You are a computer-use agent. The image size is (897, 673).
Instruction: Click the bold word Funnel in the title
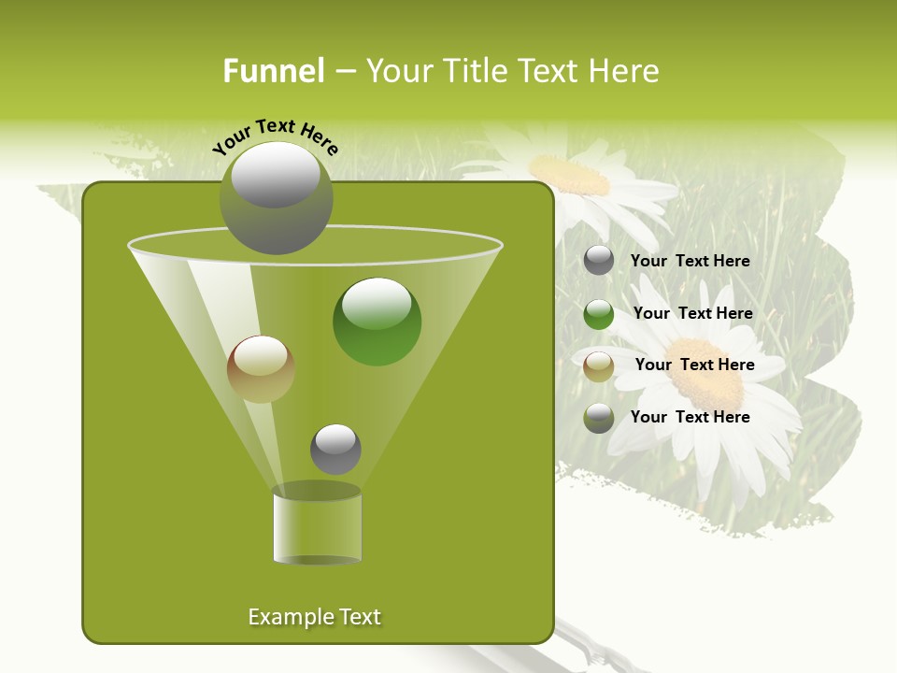[273, 71]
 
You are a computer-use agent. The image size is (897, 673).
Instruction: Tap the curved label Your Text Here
[276, 135]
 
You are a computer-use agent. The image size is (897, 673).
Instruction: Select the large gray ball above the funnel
[276, 198]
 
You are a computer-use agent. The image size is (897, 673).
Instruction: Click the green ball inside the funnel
[377, 322]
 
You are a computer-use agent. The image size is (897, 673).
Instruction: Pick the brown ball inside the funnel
[261, 369]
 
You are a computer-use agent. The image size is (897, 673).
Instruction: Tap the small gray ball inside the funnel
[335, 449]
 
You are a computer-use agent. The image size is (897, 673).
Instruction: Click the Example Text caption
[315, 617]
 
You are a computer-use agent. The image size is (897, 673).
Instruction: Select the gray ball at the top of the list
[599, 261]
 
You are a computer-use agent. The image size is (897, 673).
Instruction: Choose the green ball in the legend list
[599, 314]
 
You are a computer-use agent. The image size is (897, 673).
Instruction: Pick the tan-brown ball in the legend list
[599, 366]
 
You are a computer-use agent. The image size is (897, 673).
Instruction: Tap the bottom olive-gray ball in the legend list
[599, 418]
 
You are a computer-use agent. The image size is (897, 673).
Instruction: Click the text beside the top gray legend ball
[690, 262]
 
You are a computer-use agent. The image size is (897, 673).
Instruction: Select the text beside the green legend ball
[692, 314]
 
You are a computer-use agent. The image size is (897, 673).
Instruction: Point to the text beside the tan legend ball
[694, 365]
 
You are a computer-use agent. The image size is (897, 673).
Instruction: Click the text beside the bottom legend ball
[690, 417]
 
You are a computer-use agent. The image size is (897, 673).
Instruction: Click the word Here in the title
[626, 71]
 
